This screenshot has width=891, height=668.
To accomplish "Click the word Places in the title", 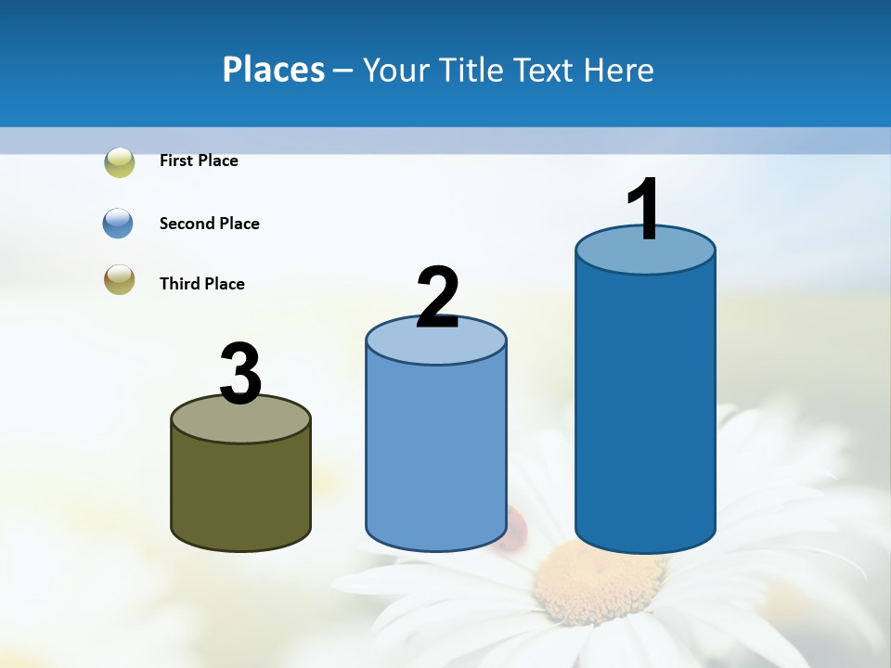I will tap(274, 70).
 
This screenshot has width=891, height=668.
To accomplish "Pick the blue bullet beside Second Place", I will tap(119, 224).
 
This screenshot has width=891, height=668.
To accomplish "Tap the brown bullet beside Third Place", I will tap(120, 279).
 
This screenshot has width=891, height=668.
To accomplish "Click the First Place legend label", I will tap(199, 161).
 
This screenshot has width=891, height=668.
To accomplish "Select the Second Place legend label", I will tap(209, 224).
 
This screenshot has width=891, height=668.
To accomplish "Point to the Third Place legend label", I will tap(201, 284).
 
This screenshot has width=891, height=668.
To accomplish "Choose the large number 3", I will tap(240, 374).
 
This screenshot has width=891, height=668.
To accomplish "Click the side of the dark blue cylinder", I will tap(645, 408).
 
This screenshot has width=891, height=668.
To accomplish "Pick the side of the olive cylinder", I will tap(240, 492).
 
